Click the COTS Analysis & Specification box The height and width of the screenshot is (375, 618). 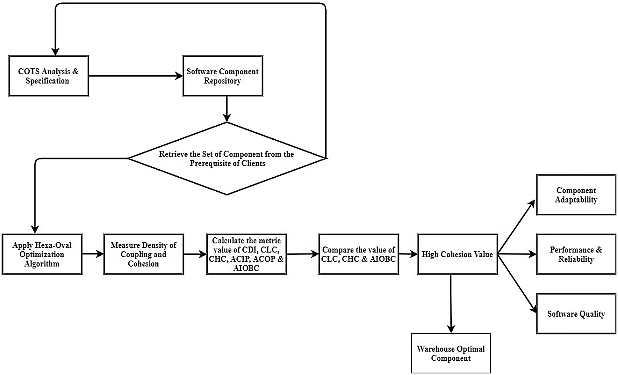click(48, 76)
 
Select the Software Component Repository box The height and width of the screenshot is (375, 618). click(223, 76)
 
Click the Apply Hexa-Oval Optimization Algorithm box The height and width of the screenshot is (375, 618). click(42, 254)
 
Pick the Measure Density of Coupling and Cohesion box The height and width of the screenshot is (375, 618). click(143, 254)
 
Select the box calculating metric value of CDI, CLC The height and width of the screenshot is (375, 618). click(246, 254)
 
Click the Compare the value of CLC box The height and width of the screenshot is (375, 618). click(358, 254)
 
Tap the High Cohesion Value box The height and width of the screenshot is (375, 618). click(457, 254)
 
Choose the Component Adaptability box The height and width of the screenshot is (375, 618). click(576, 195)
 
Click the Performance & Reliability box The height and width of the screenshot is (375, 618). click(576, 254)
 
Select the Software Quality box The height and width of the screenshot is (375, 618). click(576, 314)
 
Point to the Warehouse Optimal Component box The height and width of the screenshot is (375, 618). click(451, 353)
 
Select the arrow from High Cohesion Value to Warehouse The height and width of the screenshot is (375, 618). click(451, 303)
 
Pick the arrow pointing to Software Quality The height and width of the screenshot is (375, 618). click(517, 283)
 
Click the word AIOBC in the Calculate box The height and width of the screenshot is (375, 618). click(246, 268)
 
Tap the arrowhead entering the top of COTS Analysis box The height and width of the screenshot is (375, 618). click(55, 52)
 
